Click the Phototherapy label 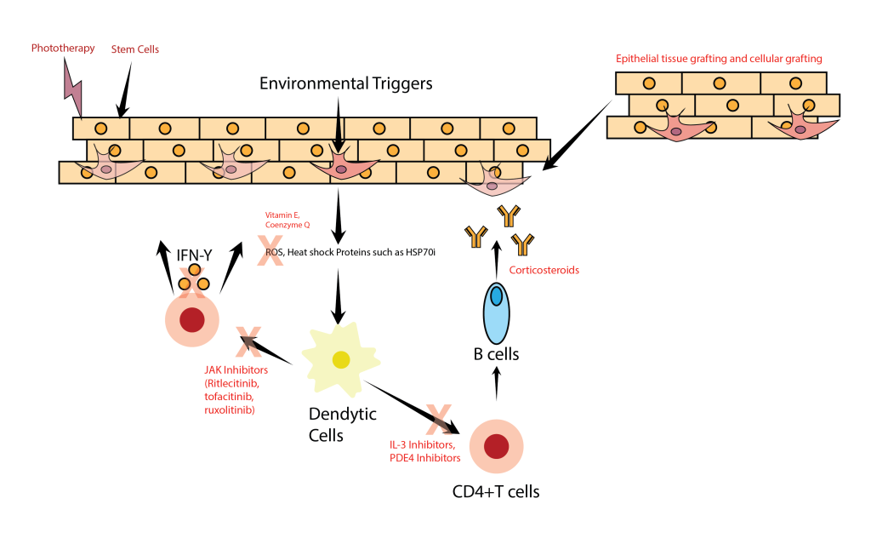[63, 48]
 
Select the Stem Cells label [135, 49]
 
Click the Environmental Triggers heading [346, 83]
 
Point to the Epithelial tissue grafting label [719, 59]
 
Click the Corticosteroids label [544, 270]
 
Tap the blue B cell [496, 312]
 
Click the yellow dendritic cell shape [340, 360]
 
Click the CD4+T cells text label [496, 490]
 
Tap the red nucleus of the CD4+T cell [496, 445]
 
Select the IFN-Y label [195, 253]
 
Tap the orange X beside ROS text [270, 251]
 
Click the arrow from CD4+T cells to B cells [496, 385]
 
